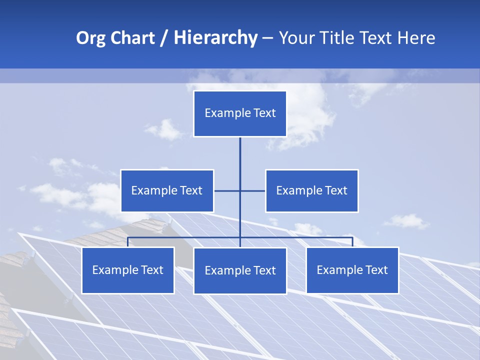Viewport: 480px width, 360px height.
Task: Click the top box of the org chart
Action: [x=240, y=113]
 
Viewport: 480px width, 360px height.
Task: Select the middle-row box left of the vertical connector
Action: [x=167, y=190]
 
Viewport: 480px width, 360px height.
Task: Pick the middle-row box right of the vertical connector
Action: [x=311, y=190]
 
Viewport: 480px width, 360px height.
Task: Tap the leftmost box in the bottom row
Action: [x=128, y=270]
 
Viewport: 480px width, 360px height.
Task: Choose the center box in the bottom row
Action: [x=240, y=270]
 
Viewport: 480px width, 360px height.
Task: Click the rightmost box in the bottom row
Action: [x=352, y=270]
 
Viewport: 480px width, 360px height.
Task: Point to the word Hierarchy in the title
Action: [x=215, y=38]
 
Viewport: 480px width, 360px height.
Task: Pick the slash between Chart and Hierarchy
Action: [x=164, y=38]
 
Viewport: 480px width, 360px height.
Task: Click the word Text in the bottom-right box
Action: [x=376, y=270]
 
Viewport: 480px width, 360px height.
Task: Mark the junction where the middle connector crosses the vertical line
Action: [x=240, y=190]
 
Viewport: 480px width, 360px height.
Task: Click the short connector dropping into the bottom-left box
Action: [x=128, y=242]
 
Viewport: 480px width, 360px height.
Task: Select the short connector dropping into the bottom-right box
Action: [x=352, y=242]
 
